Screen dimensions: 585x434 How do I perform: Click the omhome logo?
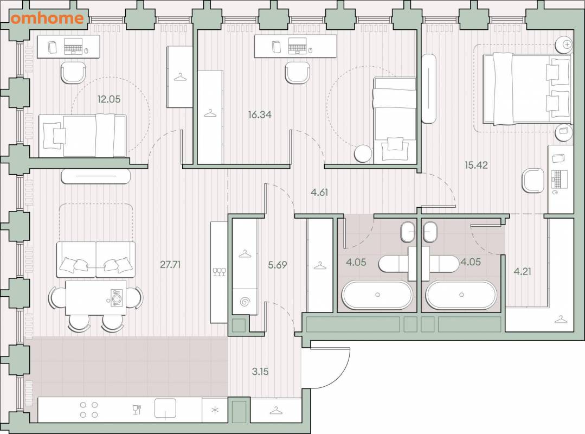tap(47, 18)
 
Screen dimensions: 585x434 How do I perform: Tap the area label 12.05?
tap(109, 99)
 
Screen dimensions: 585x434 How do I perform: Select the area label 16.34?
tap(260, 114)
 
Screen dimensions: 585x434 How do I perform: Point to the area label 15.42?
tap(476, 165)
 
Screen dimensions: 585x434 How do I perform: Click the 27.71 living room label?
tap(170, 265)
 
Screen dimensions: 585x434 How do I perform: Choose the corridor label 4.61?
tap(319, 193)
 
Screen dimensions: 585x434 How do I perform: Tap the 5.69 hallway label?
tap(278, 265)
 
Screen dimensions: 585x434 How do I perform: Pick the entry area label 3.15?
tap(260, 372)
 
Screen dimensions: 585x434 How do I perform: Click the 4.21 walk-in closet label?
tap(522, 271)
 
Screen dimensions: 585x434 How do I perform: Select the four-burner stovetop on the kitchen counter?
tap(89, 410)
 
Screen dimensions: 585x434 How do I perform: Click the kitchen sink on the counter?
tap(165, 409)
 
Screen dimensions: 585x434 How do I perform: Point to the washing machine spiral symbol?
tap(245, 302)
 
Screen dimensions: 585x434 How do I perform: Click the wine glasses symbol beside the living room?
tap(219, 272)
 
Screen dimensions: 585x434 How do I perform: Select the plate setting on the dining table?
tap(115, 298)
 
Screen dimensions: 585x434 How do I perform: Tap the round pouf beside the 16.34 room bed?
tap(363, 154)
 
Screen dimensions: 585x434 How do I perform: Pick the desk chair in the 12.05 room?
tap(73, 73)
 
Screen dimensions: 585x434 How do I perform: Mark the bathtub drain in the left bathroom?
tap(377, 295)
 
